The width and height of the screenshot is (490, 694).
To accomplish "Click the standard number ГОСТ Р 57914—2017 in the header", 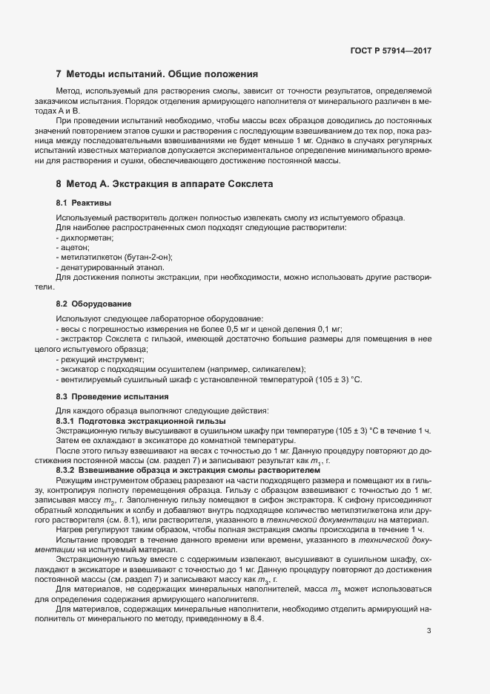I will coord(391,51).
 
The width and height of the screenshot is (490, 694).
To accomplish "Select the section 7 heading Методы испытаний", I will coord(157,74).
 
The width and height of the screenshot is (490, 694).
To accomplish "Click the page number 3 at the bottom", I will coord(428,632).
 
